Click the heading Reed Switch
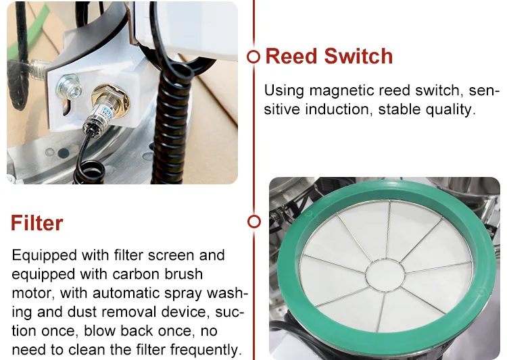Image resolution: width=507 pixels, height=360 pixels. (329, 56)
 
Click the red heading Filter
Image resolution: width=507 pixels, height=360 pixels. (37, 223)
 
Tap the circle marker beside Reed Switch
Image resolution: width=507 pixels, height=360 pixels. (254, 57)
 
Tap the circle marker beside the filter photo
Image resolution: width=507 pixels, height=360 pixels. (254, 222)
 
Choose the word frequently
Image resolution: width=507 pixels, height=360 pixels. (206, 350)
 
